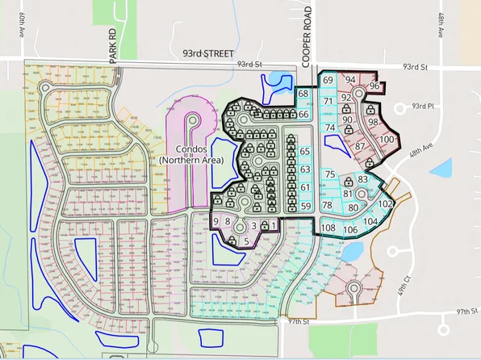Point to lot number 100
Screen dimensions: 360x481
387,140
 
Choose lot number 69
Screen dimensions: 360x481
328,80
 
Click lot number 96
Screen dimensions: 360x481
374,86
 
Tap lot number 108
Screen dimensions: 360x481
328,228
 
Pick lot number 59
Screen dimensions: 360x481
305,207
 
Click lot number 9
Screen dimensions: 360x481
215,221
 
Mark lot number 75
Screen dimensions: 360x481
329,174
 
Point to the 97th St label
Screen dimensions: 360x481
461,311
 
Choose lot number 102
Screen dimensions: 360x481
386,204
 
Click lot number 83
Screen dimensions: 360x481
363,179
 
